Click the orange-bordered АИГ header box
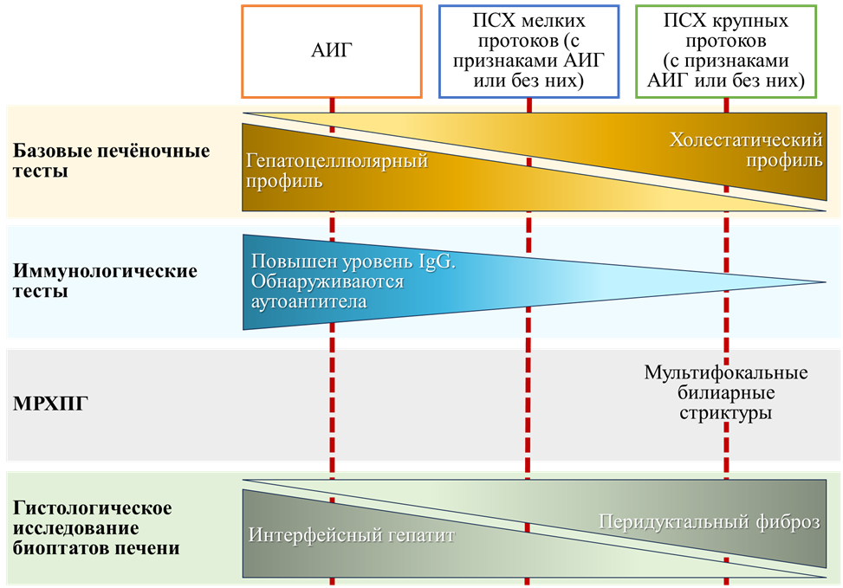click(x=332, y=50)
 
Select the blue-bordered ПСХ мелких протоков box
click(x=528, y=50)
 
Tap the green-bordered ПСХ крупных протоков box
click(x=725, y=50)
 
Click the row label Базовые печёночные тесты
click(x=112, y=161)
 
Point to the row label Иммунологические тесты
click(x=106, y=281)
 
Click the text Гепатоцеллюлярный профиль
click(x=337, y=171)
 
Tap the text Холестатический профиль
click(x=746, y=150)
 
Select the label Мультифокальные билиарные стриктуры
click(x=726, y=393)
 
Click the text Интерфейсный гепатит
click(x=351, y=535)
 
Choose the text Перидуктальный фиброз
click(x=709, y=521)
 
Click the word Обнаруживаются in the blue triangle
click(x=327, y=281)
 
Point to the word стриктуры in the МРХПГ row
click(x=726, y=414)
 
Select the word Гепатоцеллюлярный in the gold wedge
click(x=337, y=161)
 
